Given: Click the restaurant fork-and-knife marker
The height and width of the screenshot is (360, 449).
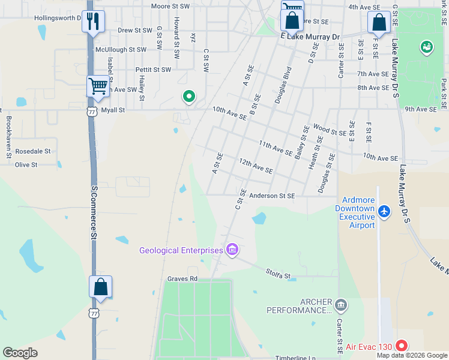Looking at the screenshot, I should [93, 22].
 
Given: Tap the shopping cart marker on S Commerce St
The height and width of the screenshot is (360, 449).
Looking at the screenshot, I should [98, 85].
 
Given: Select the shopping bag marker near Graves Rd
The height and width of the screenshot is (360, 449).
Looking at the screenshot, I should [101, 287].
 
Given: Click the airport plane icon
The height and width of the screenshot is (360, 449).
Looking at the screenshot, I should [385, 211].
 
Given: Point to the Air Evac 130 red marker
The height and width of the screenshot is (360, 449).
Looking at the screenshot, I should [402, 346].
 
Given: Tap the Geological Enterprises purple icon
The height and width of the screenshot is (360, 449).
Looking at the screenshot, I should [232, 250].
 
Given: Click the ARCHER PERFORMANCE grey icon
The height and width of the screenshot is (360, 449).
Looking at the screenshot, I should [341, 304].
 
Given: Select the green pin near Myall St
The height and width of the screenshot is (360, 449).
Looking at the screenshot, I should [188, 96].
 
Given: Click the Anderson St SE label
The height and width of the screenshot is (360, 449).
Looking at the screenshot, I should [272, 196].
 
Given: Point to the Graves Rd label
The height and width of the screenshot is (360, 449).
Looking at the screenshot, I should [182, 279].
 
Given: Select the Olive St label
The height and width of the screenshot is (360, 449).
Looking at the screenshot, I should [26, 164].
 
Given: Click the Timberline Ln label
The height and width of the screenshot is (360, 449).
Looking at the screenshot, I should [295, 358].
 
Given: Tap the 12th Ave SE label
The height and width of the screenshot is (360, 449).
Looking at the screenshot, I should [256, 166].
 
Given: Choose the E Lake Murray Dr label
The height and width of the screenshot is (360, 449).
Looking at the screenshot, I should [310, 37].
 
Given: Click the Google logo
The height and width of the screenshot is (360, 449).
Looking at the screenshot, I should [20, 353].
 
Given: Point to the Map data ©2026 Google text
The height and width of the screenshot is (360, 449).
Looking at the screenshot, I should [412, 355].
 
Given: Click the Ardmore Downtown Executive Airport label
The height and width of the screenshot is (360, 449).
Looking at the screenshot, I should [358, 212].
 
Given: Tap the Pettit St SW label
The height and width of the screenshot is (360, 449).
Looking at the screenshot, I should [153, 70].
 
